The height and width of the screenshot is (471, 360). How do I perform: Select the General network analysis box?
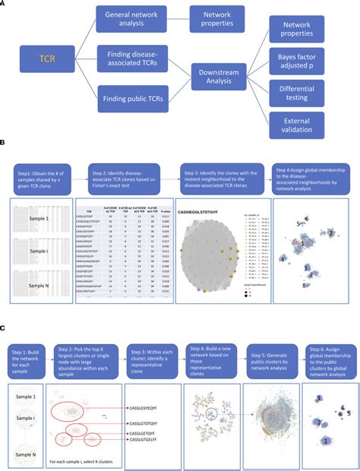pos(134,21)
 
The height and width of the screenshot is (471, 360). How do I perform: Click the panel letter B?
pos(4,142)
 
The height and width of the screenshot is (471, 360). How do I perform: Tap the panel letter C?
pos(4,327)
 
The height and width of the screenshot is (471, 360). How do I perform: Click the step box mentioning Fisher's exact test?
pos(131,179)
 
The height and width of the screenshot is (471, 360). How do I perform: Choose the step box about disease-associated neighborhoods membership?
pos(311,179)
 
